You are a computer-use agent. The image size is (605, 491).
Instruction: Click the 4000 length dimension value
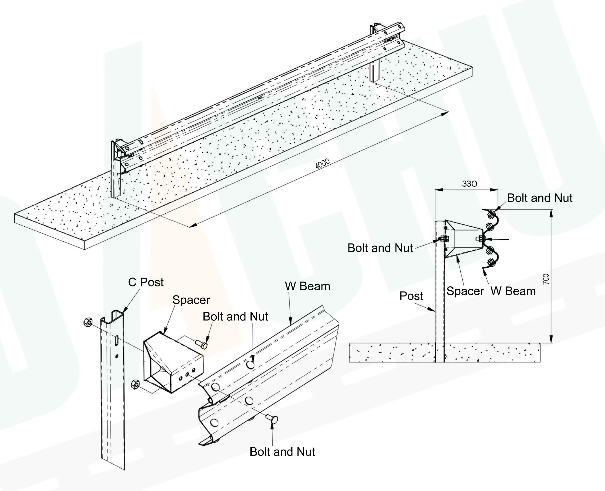[x=322, y=163]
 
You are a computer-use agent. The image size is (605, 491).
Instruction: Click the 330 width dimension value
[x=469, y=184]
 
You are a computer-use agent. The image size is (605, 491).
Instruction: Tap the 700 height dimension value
[x=546, y=279]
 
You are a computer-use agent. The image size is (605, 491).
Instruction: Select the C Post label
[x=146, y=282]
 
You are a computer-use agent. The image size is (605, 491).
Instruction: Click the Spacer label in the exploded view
[x=191, y=300]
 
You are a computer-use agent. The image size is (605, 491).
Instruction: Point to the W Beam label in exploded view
[x=308, y=286]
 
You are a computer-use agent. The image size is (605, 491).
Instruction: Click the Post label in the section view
[x=411, y=296]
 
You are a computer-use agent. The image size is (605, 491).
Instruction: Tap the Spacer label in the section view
[x=465, y=291]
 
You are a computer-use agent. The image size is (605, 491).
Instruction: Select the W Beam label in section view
[x=513, y=291]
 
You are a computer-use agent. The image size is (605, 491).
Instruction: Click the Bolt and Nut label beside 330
[x=539, y=198]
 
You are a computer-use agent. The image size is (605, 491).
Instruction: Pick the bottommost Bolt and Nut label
[x=282, y=452]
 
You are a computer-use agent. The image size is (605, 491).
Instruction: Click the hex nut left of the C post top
[x=88, y=322]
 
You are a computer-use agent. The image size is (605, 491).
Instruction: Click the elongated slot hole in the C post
[x=116, y=339]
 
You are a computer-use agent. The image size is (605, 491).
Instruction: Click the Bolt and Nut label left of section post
[x=380, y=248]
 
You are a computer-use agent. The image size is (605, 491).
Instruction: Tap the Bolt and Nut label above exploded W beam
[x=235, y=317]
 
